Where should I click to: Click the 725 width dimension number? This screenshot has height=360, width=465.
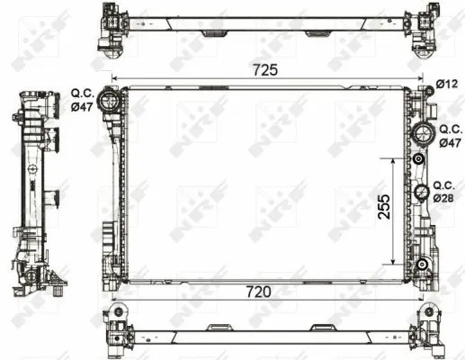point(264,69)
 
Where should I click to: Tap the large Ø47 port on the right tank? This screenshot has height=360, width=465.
point(421,135)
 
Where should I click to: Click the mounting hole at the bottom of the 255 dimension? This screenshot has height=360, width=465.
point(421,264)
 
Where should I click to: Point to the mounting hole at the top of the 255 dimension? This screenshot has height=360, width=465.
point(420,158)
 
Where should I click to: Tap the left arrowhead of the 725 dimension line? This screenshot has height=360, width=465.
point(113,79)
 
